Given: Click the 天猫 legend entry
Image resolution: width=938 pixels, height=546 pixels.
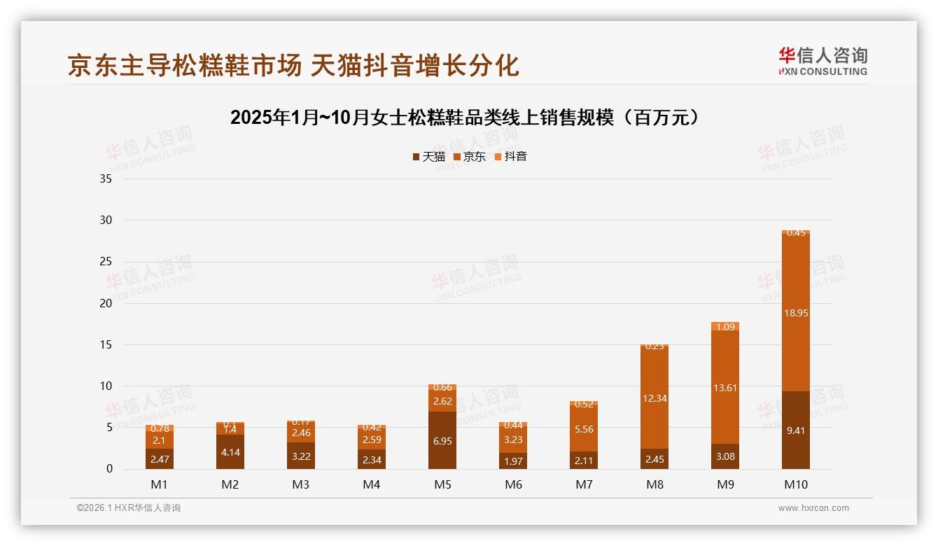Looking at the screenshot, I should (x=428, y=157).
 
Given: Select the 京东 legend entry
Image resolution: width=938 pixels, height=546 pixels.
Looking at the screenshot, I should (x=470, y=157).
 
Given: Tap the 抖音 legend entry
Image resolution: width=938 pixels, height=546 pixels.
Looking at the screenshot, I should (x=510, y=157).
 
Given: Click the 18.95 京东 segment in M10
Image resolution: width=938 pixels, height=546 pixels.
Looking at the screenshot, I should (x=795, y=313).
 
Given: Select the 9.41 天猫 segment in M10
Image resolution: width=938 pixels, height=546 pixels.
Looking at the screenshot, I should (x=795, y=430).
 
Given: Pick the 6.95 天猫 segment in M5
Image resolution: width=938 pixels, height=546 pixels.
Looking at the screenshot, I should (x=442, y=440).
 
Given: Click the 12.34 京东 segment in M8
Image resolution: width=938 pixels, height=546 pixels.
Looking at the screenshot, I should (x=654, y=398).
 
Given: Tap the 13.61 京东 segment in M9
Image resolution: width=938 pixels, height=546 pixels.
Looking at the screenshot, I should (x=725, y=387).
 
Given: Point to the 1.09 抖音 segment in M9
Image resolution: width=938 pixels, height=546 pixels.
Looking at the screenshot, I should (x=725, y=326).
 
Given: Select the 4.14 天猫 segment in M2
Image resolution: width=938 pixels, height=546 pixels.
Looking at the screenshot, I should (x=230, y=451).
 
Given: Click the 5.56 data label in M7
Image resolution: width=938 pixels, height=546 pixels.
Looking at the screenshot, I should (x=584, y=429).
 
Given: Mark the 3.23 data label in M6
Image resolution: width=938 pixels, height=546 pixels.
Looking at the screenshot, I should (x=513, y=440).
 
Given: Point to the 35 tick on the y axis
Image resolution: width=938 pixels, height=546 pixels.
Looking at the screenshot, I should (x=106, y=178).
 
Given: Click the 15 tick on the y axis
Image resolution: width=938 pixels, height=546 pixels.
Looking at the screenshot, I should (x=106, y=344).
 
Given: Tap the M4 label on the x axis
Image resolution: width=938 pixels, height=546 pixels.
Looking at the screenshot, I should (x=372, y=484).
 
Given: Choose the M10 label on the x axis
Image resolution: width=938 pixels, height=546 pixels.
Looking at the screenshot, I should (x=795, y=484).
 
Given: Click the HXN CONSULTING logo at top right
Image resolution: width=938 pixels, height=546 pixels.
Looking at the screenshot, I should (x=822, y=61).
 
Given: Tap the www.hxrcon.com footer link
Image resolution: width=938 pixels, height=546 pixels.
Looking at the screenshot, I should (x=813, y=508).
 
